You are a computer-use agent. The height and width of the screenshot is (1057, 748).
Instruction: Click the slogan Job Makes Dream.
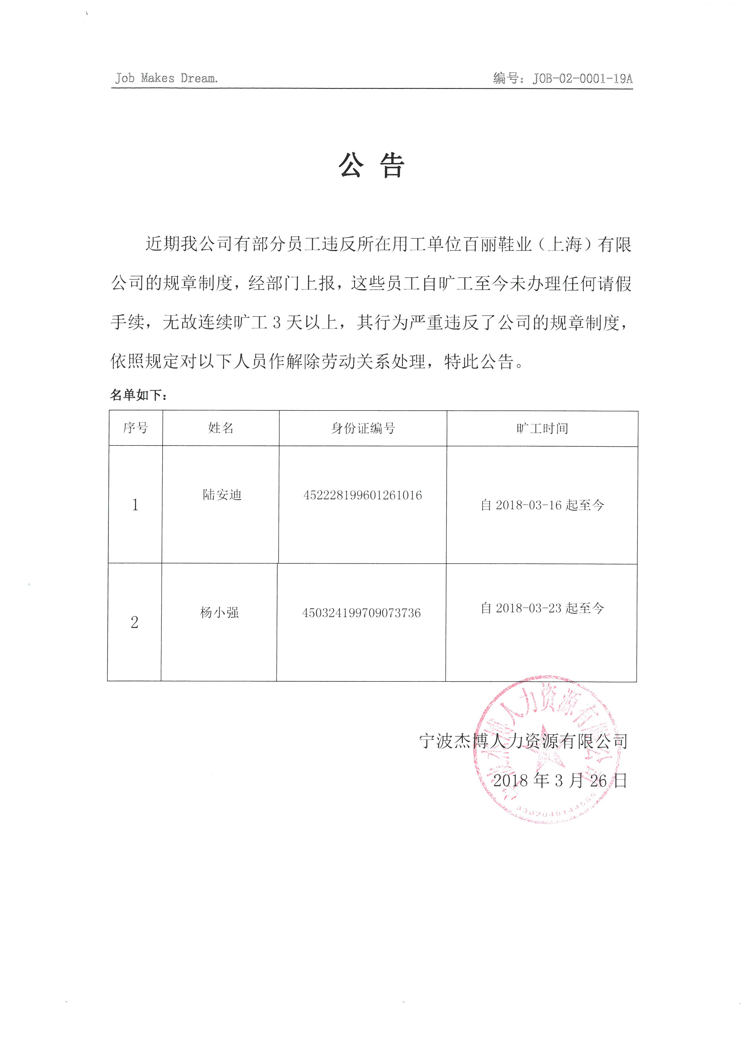point(166,78)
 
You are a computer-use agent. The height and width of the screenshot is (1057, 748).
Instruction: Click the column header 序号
point(135,428)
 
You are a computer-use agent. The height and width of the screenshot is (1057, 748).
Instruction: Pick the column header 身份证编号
point(363,429)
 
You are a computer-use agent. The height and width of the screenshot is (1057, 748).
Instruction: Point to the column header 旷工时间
point(542,429)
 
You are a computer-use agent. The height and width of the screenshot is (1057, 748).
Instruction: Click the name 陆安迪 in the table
point(222,495)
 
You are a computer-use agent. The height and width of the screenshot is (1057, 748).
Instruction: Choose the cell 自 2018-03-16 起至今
point(542,505)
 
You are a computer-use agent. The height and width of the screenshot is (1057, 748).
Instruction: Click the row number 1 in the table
point(135,505)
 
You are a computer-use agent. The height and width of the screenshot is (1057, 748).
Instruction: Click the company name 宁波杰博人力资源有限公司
point(523,741)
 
